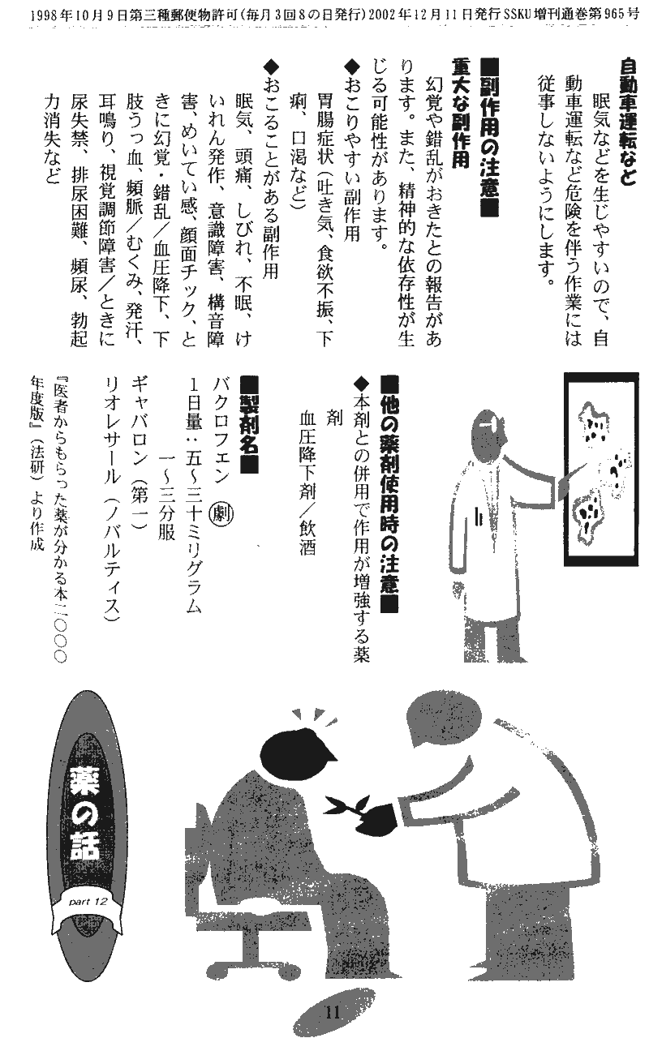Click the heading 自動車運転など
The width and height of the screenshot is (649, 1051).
(x=627, y=122)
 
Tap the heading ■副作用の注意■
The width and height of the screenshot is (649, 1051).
(x=488, y=136)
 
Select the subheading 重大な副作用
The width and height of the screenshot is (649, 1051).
(x=460, y=113)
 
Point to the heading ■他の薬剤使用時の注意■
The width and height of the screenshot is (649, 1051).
(x=390, y=494)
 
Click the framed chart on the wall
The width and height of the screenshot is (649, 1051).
(x=601, y=470)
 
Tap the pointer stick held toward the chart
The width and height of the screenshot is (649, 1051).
(x=574, y=474)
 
